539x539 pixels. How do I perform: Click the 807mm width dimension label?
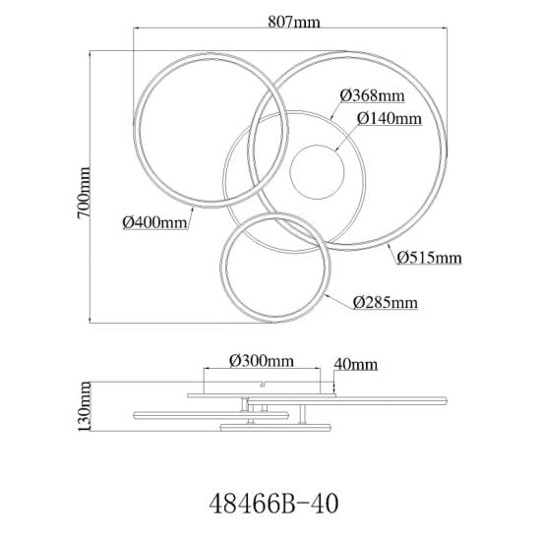[294, 22]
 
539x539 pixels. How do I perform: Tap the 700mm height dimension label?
[84, 193]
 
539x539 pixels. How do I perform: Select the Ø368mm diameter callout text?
[372, 95]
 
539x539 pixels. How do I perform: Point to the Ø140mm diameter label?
[389, 119]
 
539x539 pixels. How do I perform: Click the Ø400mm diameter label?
[155, 222]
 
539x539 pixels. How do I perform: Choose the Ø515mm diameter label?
[430, 258]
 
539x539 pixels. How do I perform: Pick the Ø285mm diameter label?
[386, 303]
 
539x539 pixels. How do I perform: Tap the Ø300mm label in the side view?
[262, 361]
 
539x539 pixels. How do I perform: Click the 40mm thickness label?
[356, 364]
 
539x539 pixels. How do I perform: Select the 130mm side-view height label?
[85, 406]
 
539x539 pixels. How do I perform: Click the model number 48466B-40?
[274, 504]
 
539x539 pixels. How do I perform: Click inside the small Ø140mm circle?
[317, 172]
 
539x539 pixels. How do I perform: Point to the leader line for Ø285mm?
[339, 302]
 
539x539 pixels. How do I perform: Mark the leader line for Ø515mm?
[392, 254]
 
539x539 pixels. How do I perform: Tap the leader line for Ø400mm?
[190, 218]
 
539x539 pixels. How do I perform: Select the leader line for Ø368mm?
[335, 110]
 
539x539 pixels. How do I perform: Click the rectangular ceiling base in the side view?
[262, 388]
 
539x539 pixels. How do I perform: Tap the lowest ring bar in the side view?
[275, 428]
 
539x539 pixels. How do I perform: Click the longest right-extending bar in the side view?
[347, 400]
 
